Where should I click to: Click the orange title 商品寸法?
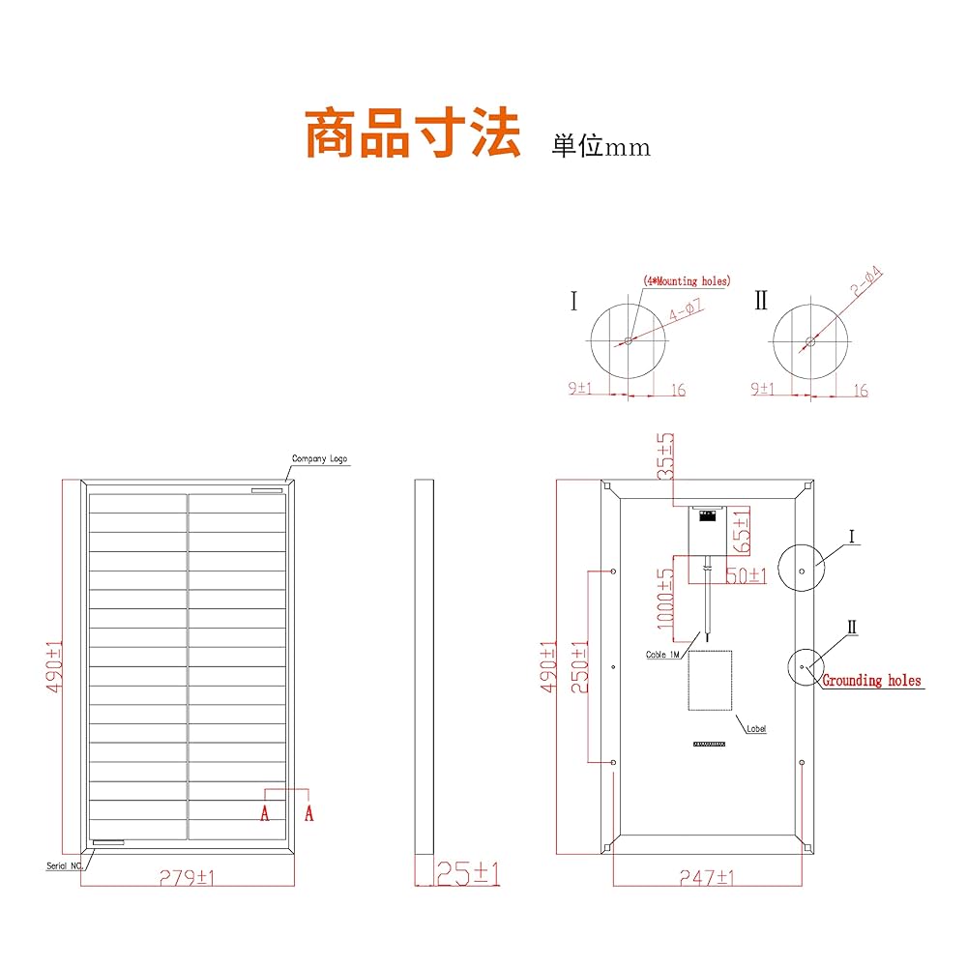coord(413,133)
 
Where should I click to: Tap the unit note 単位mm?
coord(601,147)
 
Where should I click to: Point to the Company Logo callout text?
coord(319,459)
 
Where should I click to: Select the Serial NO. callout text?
coord(65,865)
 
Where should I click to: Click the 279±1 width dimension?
coord(188,877)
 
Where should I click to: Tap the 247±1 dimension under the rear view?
coord(708,877)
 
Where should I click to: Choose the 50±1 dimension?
coord(746,575)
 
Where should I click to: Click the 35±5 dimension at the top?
coord(666,457)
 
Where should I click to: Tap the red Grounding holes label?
coord(871,681)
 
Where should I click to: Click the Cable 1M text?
coord(664,655)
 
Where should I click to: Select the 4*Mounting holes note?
coord(687,281)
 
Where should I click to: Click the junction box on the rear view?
coord(708,528)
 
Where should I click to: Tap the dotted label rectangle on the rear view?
coord(710,680)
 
